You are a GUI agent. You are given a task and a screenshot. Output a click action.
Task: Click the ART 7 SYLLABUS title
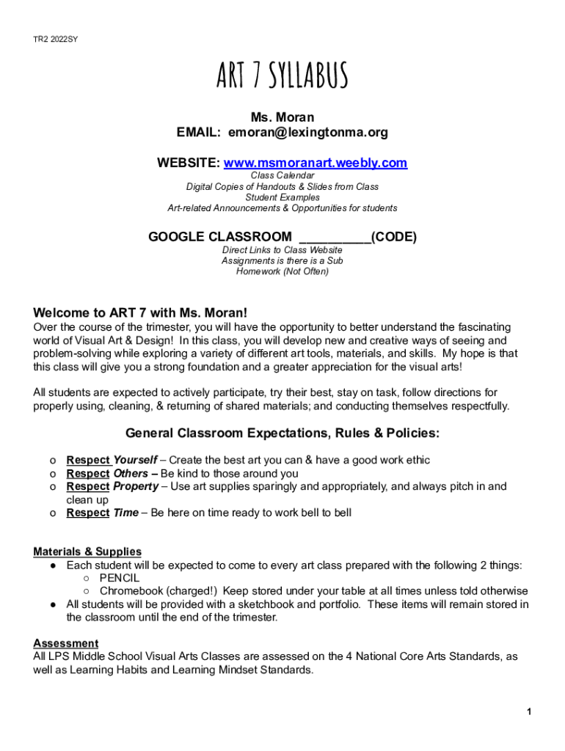coord(282,76)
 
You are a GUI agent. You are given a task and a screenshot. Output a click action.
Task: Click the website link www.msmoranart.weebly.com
coord(315,163)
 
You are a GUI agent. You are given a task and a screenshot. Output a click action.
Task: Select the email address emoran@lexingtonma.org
coord(307,133)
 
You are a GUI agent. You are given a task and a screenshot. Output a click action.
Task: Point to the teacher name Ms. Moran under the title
coord(282,117)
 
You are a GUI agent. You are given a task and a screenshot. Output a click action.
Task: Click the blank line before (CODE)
coord(335,238)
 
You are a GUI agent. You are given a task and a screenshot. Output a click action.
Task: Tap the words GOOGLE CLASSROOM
coord(219,237)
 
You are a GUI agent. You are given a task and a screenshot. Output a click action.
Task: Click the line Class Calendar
coord(282,176)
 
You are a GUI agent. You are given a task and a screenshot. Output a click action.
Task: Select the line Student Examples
coord(282,197)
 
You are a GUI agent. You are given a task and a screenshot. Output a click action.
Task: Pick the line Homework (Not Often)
coord(282,271)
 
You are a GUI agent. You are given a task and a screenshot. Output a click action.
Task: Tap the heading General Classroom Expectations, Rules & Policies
coord(282,433)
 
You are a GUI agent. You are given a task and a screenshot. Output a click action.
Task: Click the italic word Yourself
coord(135,460)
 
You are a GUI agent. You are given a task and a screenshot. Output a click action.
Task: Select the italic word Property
coord(136,486)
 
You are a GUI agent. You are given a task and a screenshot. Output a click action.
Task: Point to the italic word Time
coord(125,513)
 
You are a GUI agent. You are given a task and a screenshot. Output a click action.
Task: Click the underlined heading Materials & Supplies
coord(87,552)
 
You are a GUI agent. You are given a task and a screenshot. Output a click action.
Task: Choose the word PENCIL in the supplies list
coord(120,578)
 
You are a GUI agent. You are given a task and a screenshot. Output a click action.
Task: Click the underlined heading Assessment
coord(66,643)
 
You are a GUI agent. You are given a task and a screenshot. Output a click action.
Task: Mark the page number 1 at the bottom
coord(528,712)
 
